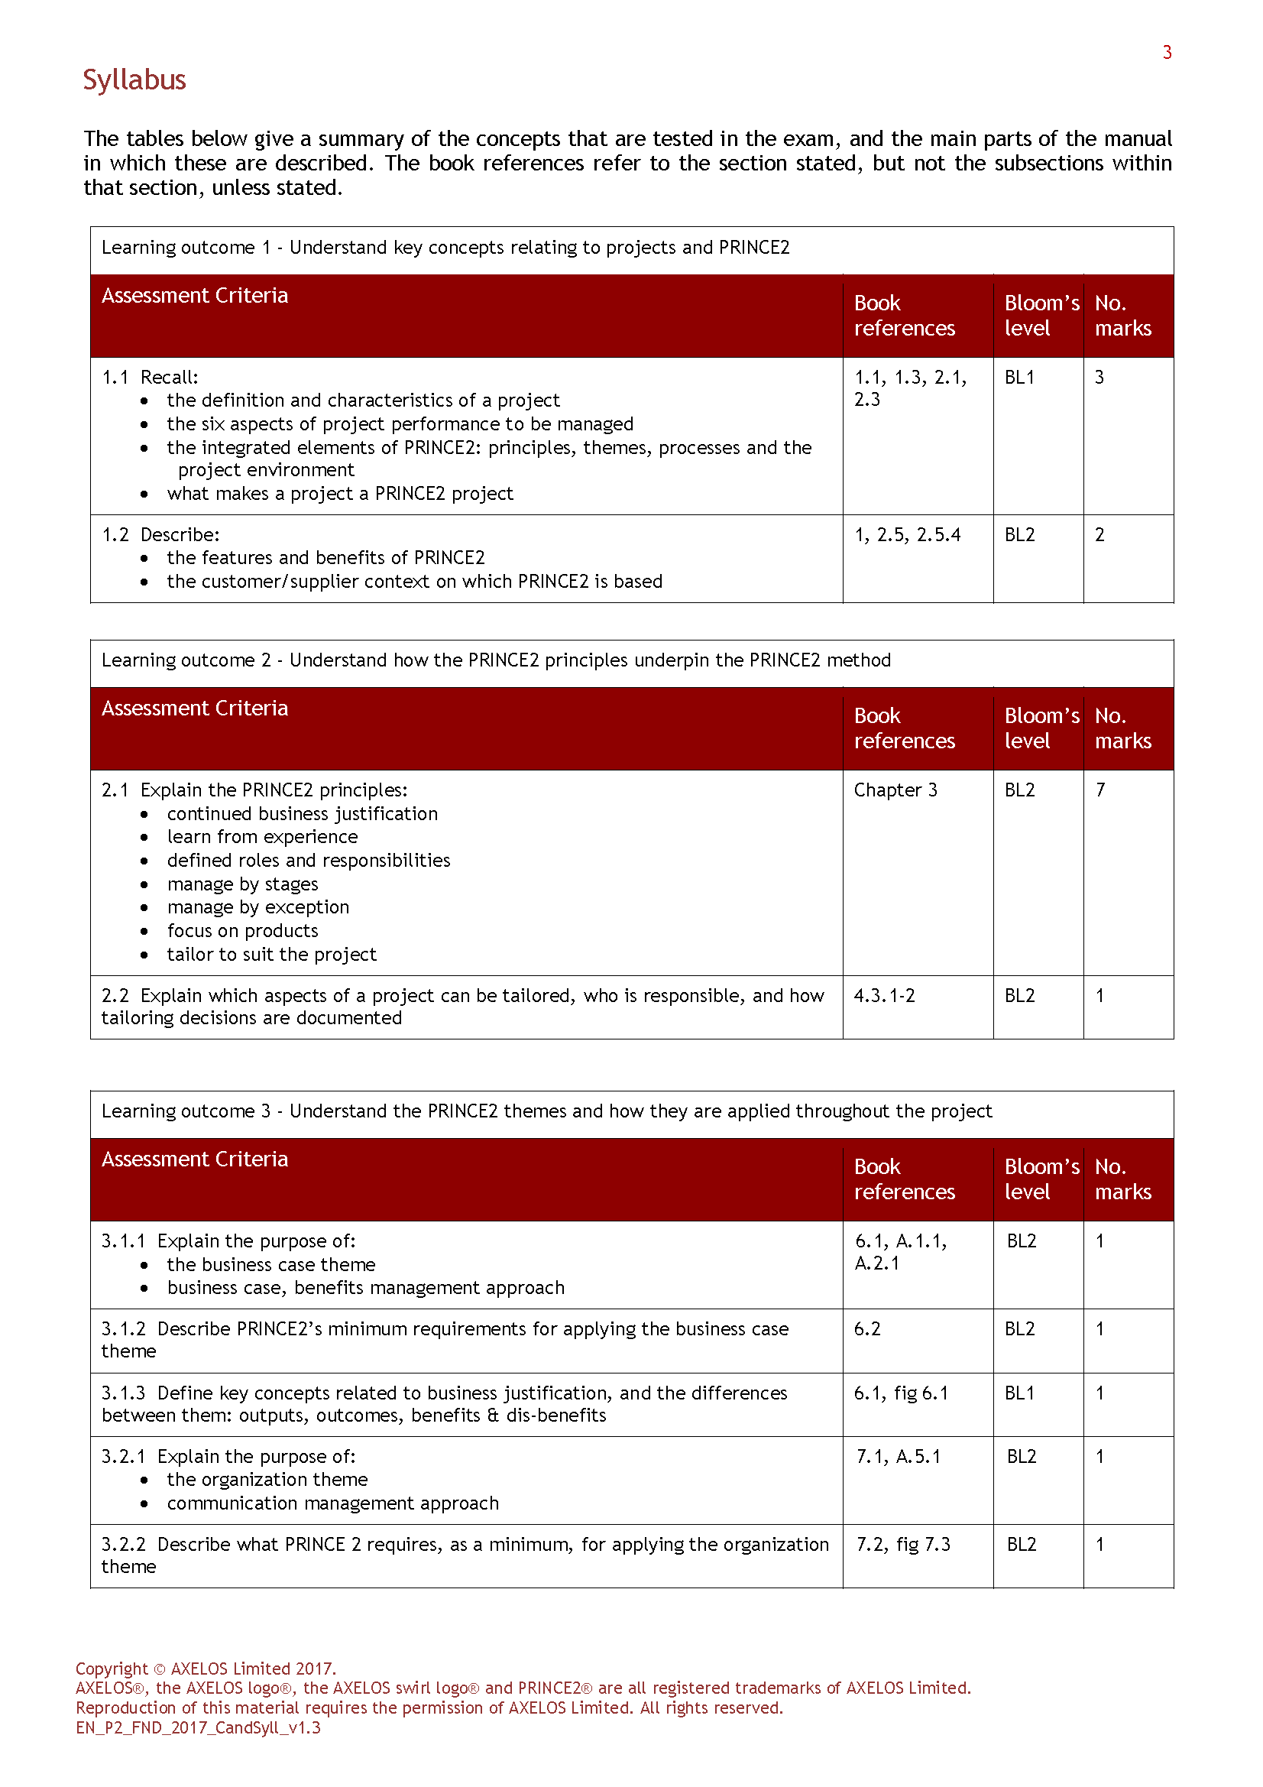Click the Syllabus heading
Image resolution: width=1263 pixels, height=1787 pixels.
coord(134,80)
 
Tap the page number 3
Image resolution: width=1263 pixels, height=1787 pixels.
coord(1167,53)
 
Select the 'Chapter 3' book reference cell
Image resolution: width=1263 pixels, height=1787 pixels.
coord(895,790)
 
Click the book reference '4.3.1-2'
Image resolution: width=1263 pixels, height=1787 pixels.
coord(884,995)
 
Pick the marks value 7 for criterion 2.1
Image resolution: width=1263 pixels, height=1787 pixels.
coord(1099,790)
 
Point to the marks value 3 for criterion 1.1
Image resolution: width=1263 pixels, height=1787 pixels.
coord(1099,378)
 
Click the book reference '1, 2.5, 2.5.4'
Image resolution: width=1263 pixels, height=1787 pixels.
coord(908,535)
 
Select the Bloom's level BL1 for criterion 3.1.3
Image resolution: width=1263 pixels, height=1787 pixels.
coord(1019,1393)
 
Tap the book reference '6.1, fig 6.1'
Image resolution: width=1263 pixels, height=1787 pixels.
coord(901,1393)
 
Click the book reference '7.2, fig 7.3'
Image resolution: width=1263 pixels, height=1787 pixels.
coord(902,1544)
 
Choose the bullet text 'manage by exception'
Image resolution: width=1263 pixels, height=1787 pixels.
coord(257,907)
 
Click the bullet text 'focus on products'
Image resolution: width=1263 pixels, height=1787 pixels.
coord(242,931)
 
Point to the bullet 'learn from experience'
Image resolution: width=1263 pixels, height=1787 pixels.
coord(262,837)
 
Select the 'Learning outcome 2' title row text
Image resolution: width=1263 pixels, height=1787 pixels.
coord(496,660)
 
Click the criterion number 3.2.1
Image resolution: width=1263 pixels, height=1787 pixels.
coord(123,1456)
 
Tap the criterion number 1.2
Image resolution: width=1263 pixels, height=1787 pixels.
coord(115,535)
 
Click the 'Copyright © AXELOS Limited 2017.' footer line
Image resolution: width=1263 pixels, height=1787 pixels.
coord(206,1669)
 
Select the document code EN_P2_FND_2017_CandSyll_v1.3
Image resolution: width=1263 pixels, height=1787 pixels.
coord(198,1728)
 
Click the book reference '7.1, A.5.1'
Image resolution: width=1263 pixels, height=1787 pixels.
coord(898,1456)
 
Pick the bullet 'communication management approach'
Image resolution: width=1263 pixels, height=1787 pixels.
coord(332,1503)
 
